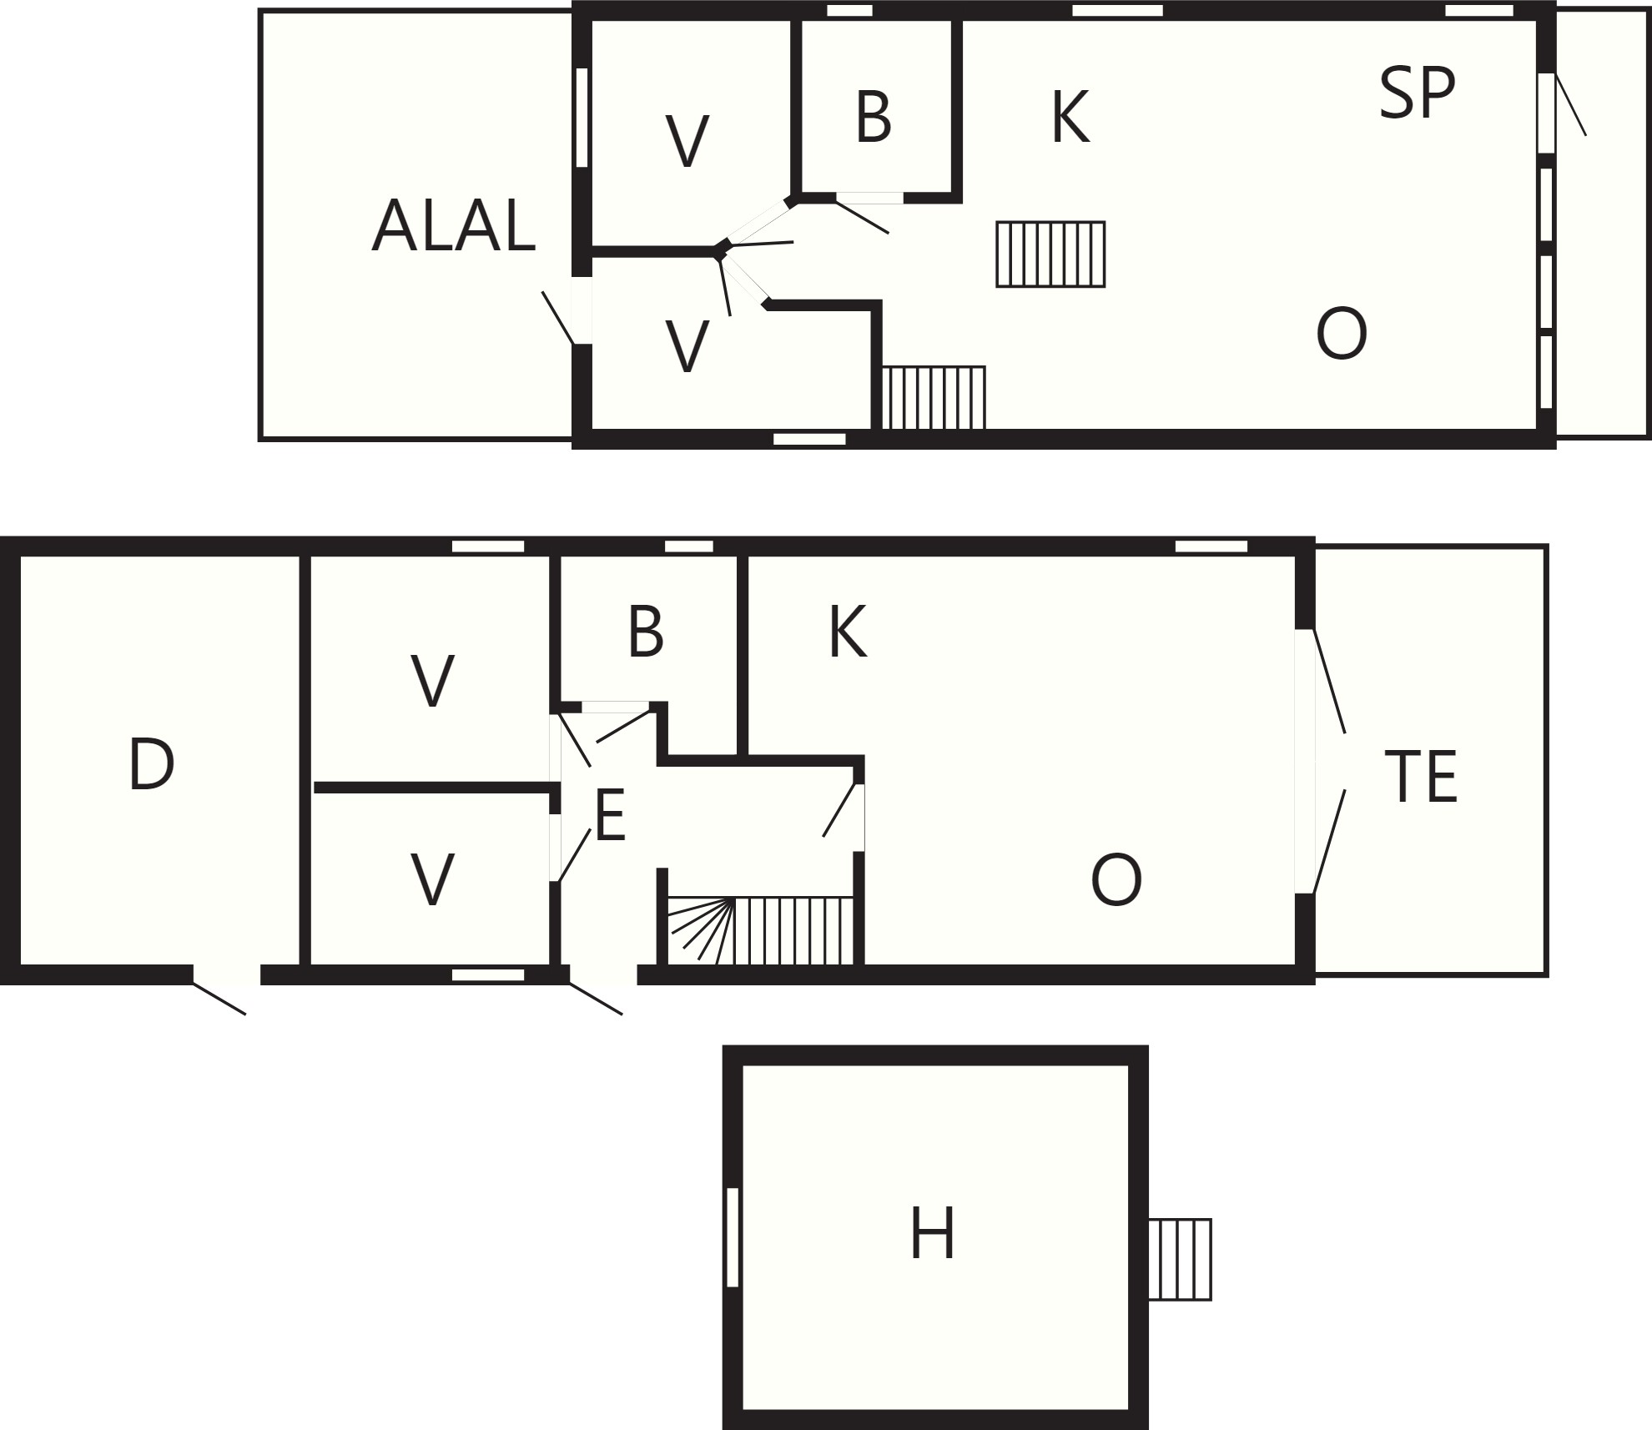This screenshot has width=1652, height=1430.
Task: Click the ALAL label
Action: [453, 225]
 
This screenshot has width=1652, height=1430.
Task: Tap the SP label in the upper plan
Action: [1417, 93]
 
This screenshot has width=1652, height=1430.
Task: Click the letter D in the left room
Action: [151, 764]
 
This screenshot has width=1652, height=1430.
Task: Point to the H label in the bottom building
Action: [932, 1233]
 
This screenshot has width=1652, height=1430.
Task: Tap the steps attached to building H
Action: [1180, 1259]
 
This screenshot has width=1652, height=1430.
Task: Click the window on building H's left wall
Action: [733, 1237]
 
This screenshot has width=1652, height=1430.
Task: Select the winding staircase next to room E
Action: [761, 931]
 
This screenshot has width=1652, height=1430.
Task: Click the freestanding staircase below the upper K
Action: [1050, 254]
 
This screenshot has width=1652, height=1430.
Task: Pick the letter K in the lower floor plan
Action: [848, 632]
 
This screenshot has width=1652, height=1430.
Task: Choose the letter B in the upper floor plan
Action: [874, 117]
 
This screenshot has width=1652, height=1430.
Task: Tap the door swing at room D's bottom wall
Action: [219, 999]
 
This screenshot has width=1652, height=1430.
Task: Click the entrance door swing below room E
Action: [596, 999]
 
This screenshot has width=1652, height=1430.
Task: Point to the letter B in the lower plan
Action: [646, 632]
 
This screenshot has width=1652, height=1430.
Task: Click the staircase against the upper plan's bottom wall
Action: [934, 397]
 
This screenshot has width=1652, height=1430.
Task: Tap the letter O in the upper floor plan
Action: [1342, 334]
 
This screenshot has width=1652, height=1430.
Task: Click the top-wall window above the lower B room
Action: [689, 546]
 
